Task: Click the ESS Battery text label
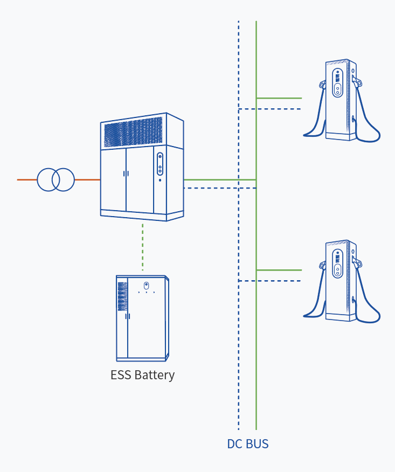coord(142,374)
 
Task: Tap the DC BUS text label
coord(247,445)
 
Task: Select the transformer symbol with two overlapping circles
coord(56,179)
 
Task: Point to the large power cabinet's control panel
coord(160,164)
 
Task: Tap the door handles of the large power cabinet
coord(126,173)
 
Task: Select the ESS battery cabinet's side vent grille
coord(122,296)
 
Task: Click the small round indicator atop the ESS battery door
coord(145,284)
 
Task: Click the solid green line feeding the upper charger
coord(279,98)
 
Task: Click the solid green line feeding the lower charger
coord(279,269)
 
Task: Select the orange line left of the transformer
coord(27,179)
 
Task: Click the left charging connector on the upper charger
coord(322,85)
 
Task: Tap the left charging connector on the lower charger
coord(322,266)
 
